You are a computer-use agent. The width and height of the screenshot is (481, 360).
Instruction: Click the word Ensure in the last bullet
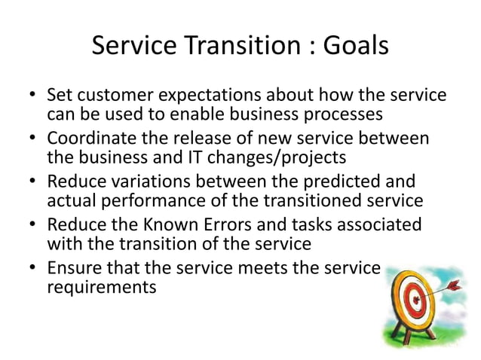click(72, 267)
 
